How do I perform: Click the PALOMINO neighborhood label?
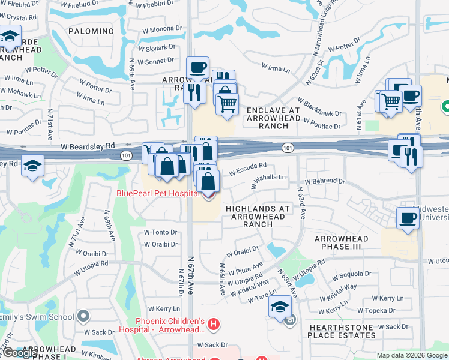(91, 31)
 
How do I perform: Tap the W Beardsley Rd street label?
(86, 146)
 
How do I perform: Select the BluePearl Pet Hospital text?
(157, 193)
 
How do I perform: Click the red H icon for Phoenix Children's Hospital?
(214, 325)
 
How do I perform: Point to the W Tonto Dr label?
(161, 232)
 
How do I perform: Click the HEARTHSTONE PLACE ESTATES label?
(342, 331)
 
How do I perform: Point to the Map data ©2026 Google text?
(411, 355)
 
